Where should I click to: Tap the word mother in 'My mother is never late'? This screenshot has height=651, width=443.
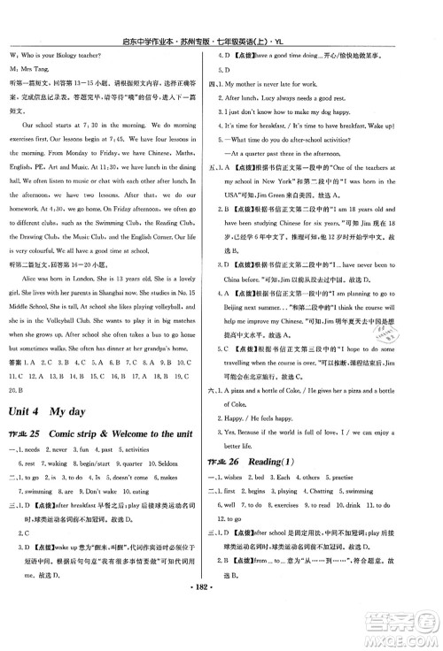[260, 82]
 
